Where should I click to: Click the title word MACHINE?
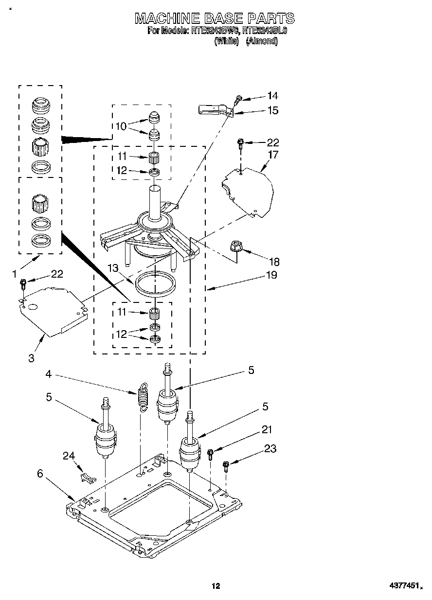(x=167, y=18)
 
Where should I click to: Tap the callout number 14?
(x=273, y=96)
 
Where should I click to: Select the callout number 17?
(x=273, y=155)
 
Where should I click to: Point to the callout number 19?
(x=271, y=275)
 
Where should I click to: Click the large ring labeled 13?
(x=156, y=284)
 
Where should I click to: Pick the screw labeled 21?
(x=211, y=454)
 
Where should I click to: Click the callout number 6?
(x=40, y=473)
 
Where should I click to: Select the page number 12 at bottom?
(x=216, y=586)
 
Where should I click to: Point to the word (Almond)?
(x=262, y=41)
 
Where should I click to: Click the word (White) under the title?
(x=226, y=41)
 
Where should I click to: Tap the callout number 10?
(x=121, y=126)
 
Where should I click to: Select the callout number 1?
(x=15, y=274)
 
